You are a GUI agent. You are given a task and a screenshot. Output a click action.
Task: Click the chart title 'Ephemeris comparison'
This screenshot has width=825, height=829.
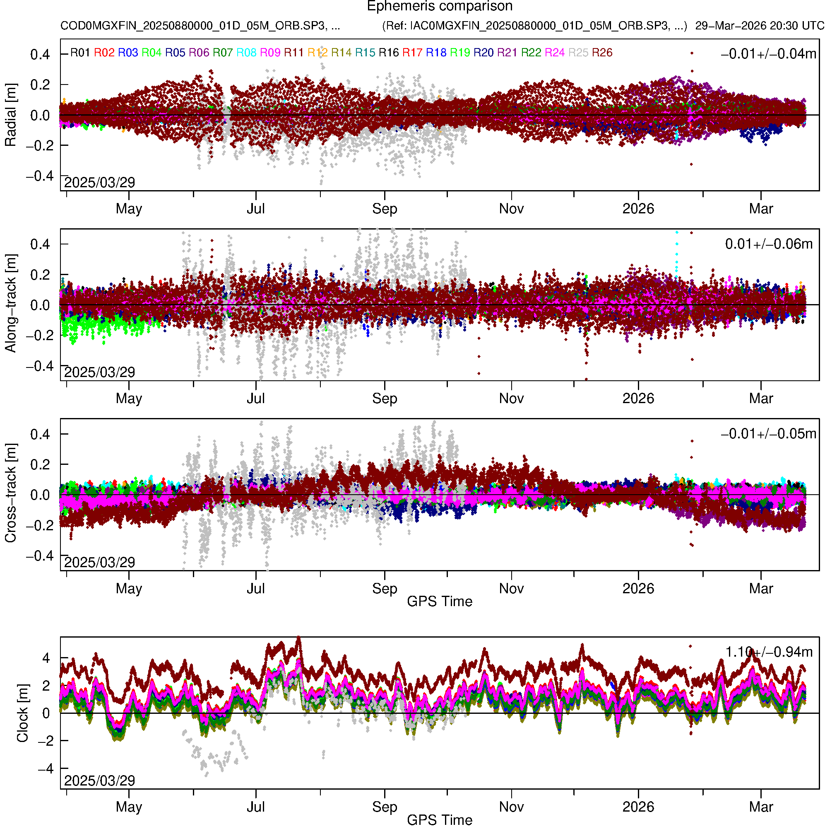440,7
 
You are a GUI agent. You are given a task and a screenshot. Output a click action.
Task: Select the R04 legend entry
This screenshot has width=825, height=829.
152,53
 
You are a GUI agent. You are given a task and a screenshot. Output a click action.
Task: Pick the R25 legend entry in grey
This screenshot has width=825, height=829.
578,53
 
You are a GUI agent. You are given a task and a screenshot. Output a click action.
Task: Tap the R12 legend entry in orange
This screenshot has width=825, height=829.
318,53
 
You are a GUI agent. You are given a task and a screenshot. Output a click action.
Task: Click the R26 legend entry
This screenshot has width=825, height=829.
602,53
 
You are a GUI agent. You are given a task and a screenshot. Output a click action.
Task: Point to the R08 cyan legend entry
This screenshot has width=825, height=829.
247,53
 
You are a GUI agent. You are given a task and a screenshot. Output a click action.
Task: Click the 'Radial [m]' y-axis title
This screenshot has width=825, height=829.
11,115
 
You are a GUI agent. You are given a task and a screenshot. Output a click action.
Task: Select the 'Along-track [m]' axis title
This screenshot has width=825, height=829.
11,303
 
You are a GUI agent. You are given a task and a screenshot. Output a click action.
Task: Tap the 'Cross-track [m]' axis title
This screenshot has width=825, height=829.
11,493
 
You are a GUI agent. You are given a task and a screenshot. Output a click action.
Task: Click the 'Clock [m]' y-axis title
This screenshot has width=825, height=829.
22,713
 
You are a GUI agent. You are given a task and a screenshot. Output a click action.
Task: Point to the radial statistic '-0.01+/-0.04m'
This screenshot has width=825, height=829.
768,54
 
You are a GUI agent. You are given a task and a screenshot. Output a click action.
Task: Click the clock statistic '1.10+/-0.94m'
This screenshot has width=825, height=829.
769,652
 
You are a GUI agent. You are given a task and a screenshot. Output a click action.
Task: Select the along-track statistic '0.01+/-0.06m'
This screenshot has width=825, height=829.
769,244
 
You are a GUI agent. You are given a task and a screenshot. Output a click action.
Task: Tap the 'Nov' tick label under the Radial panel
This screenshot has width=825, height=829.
511,209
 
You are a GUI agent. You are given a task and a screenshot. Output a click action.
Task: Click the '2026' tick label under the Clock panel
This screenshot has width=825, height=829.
638,807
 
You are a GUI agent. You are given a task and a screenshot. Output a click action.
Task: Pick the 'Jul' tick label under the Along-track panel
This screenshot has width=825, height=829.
255,399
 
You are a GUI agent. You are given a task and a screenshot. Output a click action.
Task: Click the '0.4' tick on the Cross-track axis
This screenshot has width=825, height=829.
40,434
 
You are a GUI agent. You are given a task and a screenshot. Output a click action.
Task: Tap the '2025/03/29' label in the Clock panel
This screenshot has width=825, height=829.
99,781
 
